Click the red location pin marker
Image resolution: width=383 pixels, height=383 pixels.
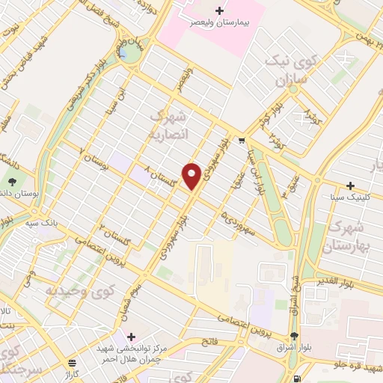[x=192, y=176]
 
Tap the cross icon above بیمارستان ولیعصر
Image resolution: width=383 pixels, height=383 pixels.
[x=219, y=10]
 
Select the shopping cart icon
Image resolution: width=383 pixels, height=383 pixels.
[x=241, y=139]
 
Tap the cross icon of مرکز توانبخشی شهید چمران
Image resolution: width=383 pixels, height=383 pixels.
[x=132, y=337]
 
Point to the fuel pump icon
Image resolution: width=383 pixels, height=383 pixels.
[x=299, y=379]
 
